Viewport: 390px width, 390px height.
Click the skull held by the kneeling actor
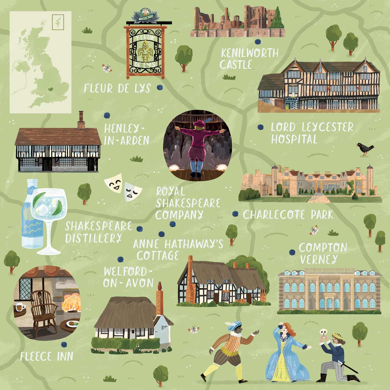click(323, 332)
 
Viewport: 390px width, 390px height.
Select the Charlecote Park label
click(288, 215)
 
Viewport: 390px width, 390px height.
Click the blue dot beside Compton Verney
click(292, 252)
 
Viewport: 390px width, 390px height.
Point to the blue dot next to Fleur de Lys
click(160, 87)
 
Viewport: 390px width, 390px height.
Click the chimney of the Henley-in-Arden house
click(81, 120)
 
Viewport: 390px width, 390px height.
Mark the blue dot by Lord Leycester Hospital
click(260, 127)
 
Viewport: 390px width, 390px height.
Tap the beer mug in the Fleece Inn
click(20, 307)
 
